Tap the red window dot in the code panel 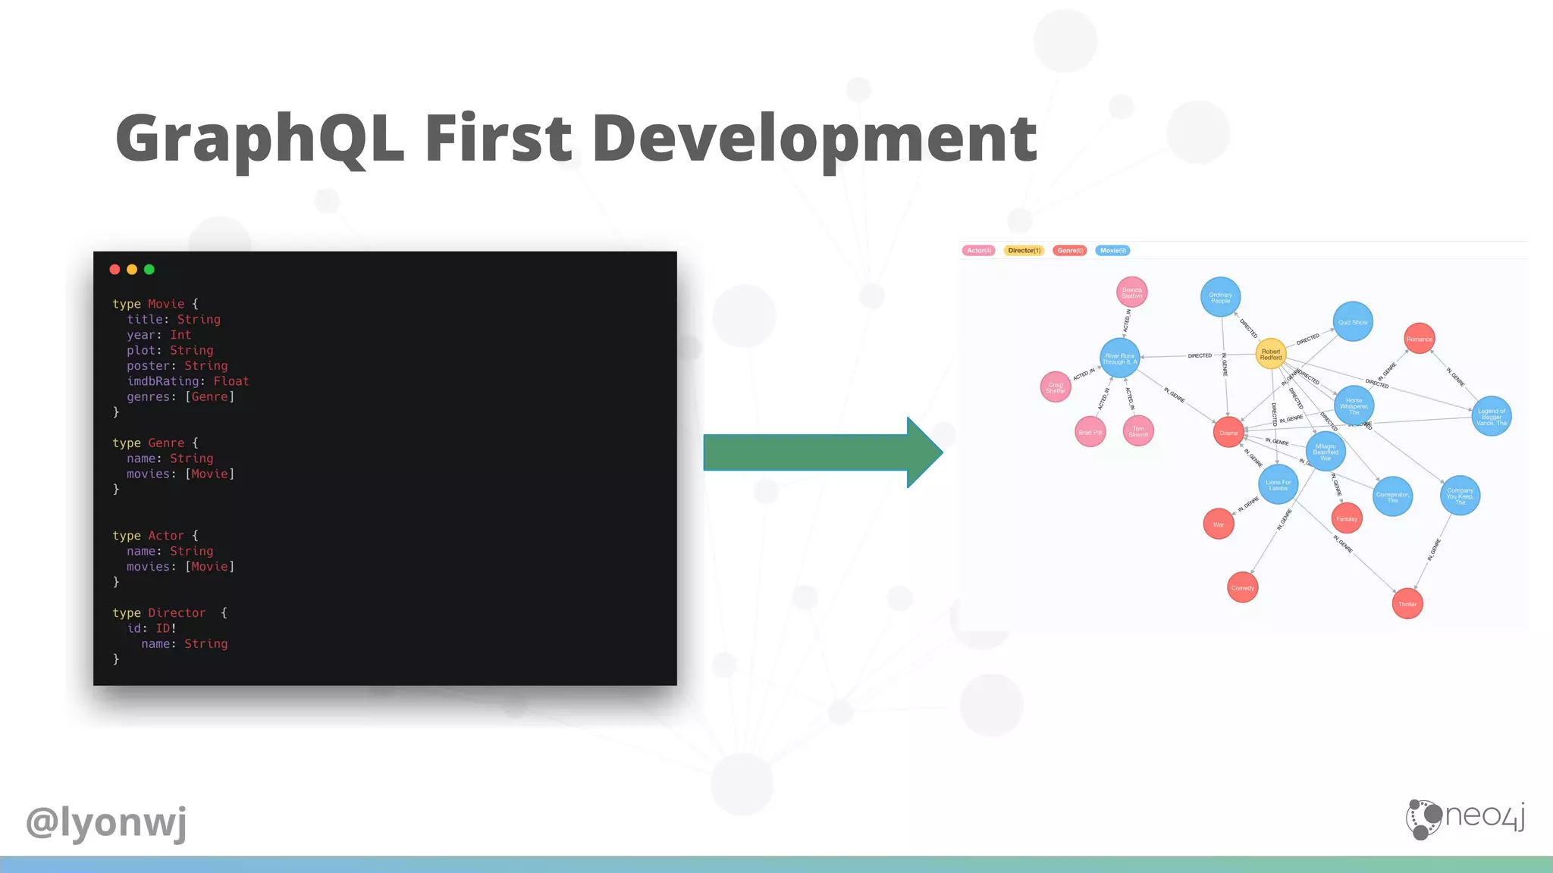115,269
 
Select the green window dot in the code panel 149,269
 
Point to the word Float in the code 231,381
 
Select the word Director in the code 177,613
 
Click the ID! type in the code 166,628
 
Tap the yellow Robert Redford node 1271,354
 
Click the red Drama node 1228,433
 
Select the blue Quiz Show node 1353,322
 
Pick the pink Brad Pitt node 1090,432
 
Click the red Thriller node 1407,604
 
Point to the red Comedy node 1242,587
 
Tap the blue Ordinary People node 1220,297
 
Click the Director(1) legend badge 1024,251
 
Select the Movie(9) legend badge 1112,251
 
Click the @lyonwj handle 106,821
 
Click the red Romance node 1419,339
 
